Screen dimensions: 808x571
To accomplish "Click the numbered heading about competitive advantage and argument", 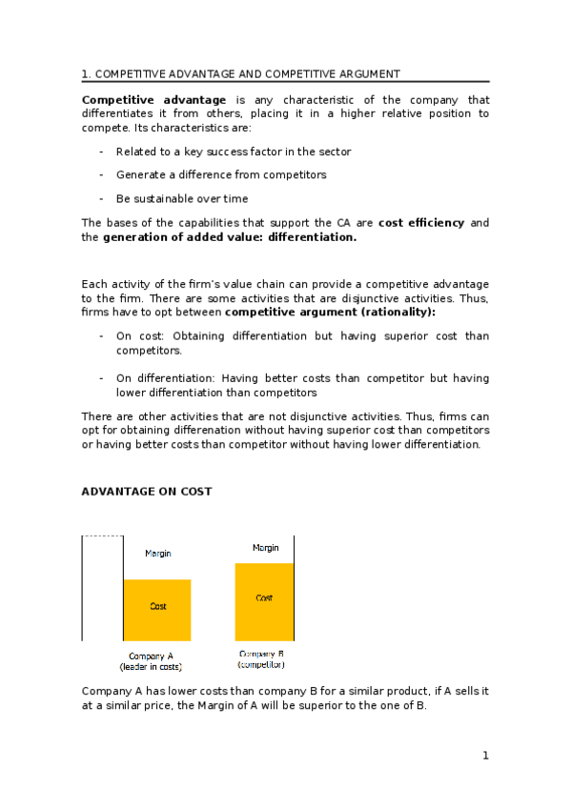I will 240,74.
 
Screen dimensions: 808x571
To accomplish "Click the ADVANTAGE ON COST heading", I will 147,492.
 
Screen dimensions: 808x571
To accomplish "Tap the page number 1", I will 485,756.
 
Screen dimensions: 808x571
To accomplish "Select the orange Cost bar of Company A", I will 157,610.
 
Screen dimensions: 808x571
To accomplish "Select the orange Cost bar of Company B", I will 264,601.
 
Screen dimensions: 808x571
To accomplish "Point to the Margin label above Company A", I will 158,554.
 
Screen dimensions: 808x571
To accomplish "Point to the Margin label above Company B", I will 265,548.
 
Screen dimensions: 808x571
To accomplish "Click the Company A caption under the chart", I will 151,656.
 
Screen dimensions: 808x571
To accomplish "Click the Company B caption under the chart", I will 261,654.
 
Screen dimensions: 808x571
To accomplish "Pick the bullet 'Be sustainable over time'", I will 182,199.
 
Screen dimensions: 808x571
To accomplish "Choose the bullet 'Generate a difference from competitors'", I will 221,175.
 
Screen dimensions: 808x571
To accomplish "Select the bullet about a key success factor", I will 234,151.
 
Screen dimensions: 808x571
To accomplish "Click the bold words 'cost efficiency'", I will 421,223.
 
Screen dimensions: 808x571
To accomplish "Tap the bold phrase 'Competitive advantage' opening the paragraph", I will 153,100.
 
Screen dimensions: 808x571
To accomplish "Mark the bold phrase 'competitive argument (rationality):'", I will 330,312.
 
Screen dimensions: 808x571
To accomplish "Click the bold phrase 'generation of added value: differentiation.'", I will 229,237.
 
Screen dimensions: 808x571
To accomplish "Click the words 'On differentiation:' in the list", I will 162,378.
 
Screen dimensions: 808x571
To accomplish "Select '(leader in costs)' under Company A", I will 151,667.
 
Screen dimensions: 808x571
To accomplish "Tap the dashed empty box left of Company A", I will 102,587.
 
